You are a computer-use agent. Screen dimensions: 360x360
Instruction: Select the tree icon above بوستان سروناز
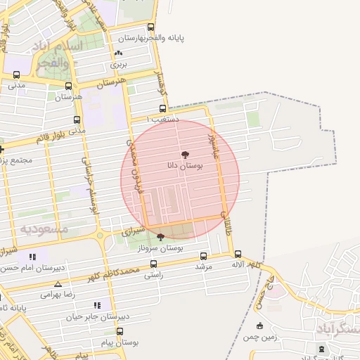click(x=161, y=237)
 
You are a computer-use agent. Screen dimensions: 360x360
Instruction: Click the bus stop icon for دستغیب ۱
click(x=163, y=109)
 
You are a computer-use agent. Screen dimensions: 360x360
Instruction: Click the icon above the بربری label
click(x=117, y=53)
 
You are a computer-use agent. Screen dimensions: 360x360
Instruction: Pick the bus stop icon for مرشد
click(x=204, y=256)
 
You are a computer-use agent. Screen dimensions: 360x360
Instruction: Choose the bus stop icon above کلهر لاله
click(x=238, y=254)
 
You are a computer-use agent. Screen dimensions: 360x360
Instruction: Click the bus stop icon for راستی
click(x=153, y=264)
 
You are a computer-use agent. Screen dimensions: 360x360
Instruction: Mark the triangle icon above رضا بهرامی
click(x=58, y=285)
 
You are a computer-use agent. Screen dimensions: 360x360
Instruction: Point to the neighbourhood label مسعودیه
click(x=44, y=229)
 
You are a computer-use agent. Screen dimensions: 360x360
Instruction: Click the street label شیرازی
click(x=132, y=230)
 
